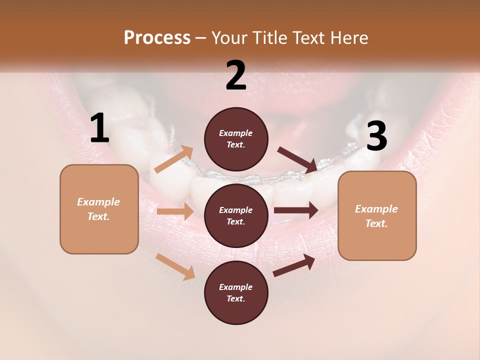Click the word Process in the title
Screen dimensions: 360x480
tap(157, 38)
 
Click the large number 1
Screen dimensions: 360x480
tap(99, 128)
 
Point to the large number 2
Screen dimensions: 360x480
tap(236, 75)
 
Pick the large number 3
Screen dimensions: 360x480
tap(376, 136)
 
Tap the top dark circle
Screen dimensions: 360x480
tap(236, 139)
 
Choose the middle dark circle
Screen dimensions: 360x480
tap(236, 216)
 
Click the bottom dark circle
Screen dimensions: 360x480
tap(236, 293)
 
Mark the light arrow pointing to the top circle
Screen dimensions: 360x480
tap(174, 159)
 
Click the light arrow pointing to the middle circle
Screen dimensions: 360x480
tap(175, 211)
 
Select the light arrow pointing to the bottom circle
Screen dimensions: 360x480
tap(175, 266)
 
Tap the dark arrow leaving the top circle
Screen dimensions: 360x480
tap(297, 159)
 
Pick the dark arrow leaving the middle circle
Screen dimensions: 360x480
tap(296, 210)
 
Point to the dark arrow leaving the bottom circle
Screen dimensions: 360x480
tap(294, 265)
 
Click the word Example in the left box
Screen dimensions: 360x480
tap(98, 202)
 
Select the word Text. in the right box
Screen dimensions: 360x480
tap(376, 223)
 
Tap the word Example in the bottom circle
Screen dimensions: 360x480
tap(236, 287)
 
